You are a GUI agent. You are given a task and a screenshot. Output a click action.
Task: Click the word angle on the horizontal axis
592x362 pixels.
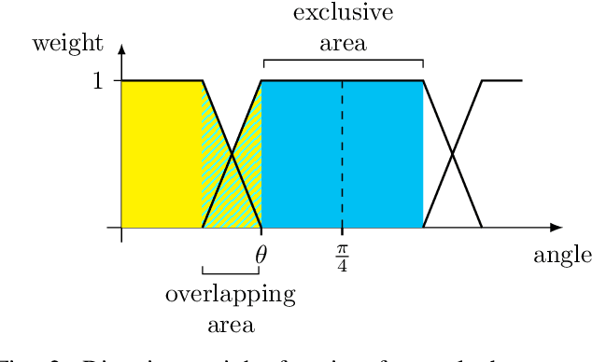[x=562, y=256]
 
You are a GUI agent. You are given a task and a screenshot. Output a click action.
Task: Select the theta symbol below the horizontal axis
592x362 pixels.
[x=261, y=251]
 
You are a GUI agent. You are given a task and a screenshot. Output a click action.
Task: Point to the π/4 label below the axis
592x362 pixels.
[x=342, y=253]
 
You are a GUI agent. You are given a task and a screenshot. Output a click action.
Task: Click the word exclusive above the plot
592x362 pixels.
[x=343, y=13]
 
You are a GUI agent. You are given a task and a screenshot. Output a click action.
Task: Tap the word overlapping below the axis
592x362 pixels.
[x=231, y=296]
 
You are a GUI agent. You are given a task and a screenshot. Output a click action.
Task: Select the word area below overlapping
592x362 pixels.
[x=231, y=325]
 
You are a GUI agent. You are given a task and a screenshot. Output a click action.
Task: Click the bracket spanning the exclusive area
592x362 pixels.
[x=343, y=61]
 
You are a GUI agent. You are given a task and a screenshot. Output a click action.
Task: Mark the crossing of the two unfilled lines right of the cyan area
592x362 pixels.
[x=453, y=154]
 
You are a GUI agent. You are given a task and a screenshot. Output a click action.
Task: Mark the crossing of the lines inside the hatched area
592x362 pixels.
[x=232, y=154]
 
